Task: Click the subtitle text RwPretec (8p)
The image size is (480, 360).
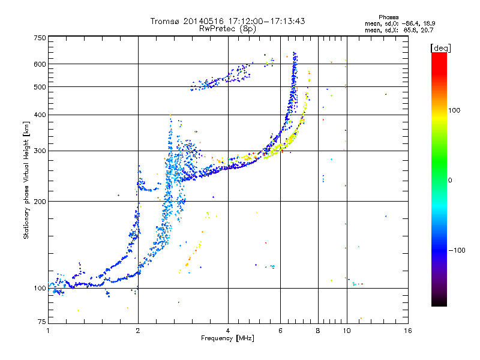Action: (227, 29)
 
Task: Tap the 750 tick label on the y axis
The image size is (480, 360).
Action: (40, 38)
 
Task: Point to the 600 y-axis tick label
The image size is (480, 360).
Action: (40, 64)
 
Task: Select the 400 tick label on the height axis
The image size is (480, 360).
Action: (40, 115)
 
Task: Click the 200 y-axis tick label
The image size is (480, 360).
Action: (40, 202)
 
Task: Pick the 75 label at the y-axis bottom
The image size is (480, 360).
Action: (42, 322)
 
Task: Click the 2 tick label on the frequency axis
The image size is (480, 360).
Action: (138, 331)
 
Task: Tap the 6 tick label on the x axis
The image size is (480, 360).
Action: (280, 331)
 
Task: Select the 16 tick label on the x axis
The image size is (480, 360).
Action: (408, 331)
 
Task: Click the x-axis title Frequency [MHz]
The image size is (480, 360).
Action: (227, 338)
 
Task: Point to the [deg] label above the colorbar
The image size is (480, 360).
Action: (440, 48)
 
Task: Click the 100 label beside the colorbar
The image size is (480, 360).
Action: (454, 110)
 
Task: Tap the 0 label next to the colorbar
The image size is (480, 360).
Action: (450, 181)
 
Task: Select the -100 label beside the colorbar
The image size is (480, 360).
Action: (457, 250)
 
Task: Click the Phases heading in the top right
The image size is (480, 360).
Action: (388, 17)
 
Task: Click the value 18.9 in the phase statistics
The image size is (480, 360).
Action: (430, 23)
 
